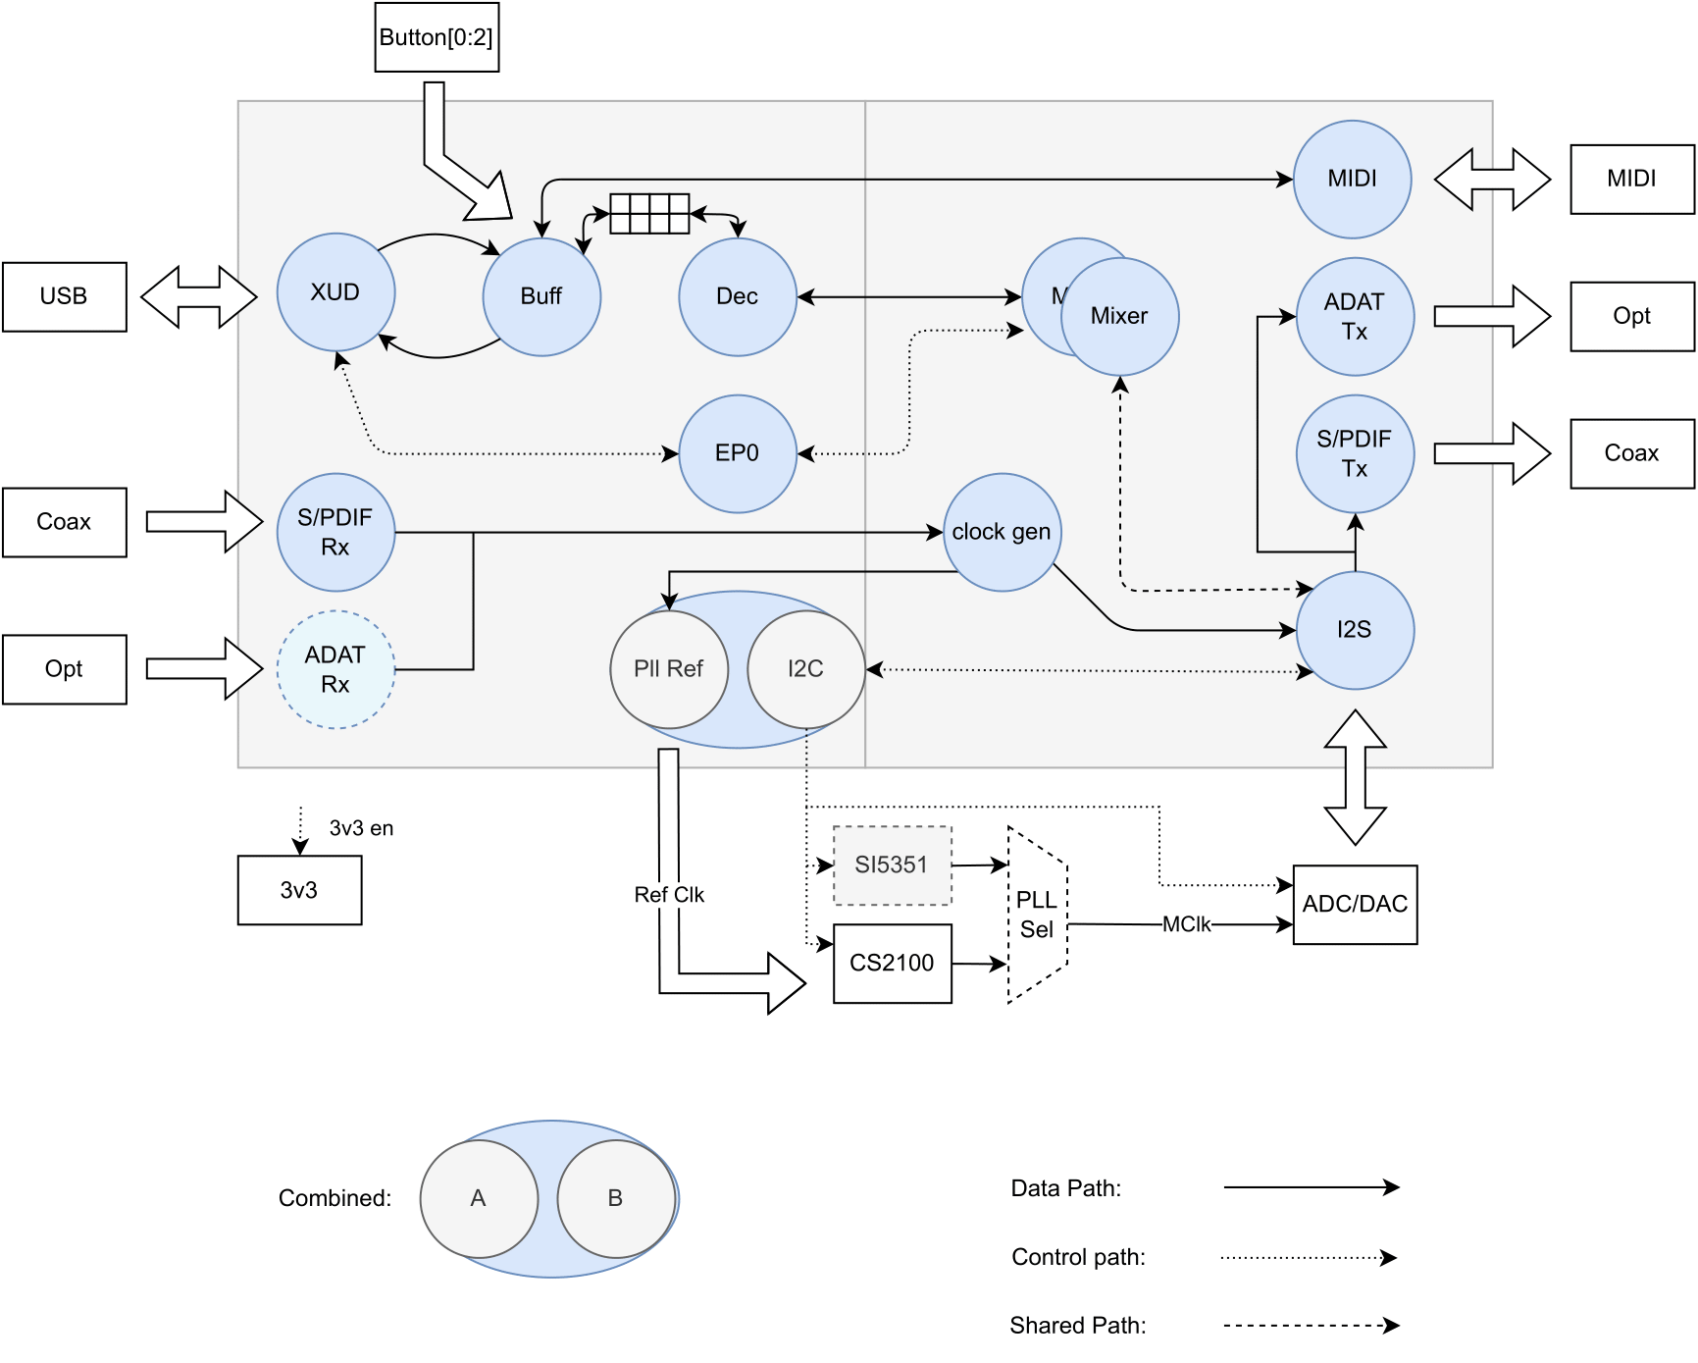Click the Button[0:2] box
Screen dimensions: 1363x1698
coord(437,37)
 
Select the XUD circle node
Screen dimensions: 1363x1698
coord(335,292)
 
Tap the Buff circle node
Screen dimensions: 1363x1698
coord(541,296)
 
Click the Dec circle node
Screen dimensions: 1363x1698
coord(737,296)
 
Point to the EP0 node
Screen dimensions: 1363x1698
coord(737,453)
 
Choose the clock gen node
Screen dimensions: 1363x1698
coord(1001,532)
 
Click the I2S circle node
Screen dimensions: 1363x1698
coord(1355,630)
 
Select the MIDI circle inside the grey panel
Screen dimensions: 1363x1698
coord(1352,179)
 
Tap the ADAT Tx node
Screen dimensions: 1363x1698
coord(1355,316)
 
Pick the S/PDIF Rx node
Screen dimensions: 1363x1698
coord(335,532)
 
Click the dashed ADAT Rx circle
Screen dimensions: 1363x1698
coord(335,669)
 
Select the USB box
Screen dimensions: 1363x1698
coord(64,296)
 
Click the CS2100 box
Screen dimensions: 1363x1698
coord(892,963)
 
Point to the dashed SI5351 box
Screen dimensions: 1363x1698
coord(892,865)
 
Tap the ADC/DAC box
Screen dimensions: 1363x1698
coord(1355,904)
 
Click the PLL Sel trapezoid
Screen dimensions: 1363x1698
coord(1037,915)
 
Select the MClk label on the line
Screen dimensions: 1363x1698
coord(1186,924)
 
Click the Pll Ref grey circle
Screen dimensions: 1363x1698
coord(669,669)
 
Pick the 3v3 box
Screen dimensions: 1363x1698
coord(299,890)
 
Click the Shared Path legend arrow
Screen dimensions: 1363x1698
coord(1311,1326)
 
